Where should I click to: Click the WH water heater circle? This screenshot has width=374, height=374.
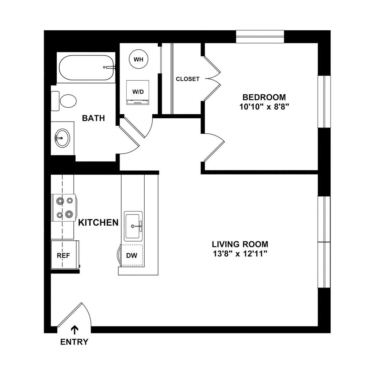click(x=138, y=60)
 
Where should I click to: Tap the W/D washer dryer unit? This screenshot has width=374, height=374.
click(x=138, y=92)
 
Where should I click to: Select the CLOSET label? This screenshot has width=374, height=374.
click(x=188, y=79)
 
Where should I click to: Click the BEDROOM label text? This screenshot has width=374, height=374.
click(x=264, y=97)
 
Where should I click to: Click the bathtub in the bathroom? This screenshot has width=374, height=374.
click(x=86, y=68)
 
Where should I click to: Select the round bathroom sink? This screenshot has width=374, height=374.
click(x=62, y=138)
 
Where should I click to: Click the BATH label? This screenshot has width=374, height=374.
click(x=93, y=118)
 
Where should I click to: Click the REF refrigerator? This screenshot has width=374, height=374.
click(x=64, y=255)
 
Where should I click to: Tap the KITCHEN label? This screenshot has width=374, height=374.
click(x=99, y=222)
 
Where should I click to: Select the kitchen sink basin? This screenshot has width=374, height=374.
click(x=133, y=226)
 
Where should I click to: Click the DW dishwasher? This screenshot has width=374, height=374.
click(x=131, y=255)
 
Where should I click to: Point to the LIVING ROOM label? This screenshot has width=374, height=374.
click(x=240, y=244)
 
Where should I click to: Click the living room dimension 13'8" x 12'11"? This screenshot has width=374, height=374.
click(x=240, y=254)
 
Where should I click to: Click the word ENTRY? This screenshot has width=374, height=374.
click(x=75, y=342)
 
